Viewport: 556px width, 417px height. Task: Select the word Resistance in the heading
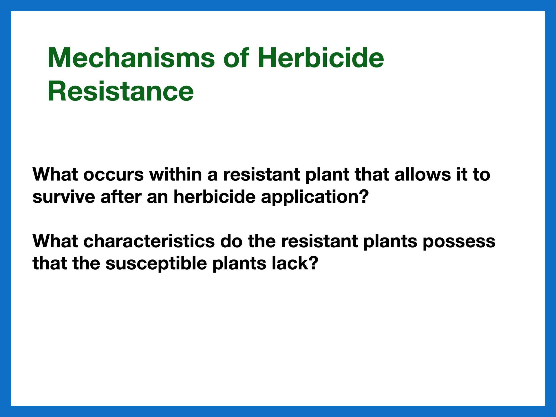[x=120, y=91]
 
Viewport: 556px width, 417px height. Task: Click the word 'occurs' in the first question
[x=114, y=175]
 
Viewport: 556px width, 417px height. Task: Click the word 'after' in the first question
[x=121, y=197]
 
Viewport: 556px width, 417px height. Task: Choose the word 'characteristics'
[x=149, y=241]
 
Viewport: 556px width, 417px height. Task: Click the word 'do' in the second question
[x=231, y=241]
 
